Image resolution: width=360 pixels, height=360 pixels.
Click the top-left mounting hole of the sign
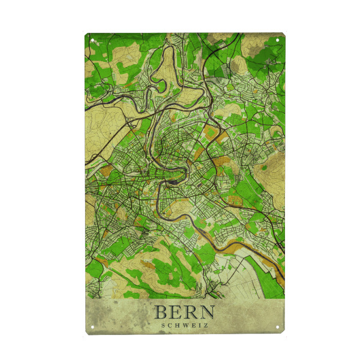93,41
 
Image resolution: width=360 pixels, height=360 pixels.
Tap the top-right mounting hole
278,41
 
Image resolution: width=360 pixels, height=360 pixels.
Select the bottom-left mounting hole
93,326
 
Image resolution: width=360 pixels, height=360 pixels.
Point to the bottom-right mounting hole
278,326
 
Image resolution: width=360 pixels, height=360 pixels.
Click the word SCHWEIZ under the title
185,326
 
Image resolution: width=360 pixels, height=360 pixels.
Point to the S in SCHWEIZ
163,326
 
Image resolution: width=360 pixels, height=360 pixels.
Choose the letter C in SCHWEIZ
170,326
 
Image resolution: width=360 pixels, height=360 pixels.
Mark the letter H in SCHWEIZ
177,326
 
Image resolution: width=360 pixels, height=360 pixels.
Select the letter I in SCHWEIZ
199,326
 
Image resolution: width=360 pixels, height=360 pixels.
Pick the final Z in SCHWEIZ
206,326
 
